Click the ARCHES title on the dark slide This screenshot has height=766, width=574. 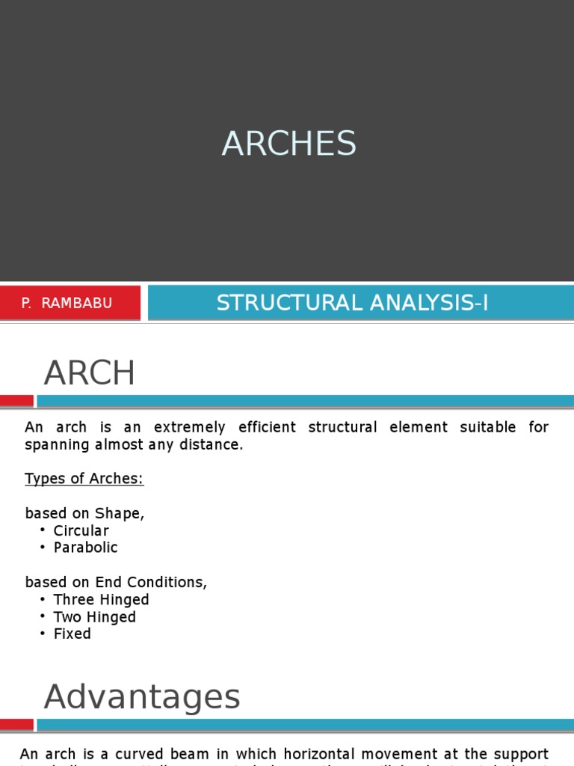point(288,143)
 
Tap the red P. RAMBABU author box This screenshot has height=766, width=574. point(70,303)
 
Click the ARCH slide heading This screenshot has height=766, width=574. point(90,373)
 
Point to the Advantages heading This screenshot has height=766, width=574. point(142,697)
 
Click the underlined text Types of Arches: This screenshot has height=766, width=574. point(84,479)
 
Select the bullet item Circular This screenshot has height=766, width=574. point(81,530)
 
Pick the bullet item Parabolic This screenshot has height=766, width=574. point(86,548)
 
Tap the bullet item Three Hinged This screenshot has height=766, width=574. point(101,600)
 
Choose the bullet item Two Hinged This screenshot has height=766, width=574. point(95,617)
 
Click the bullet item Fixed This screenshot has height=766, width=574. point(72,634)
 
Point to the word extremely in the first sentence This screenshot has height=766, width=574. point(189,428)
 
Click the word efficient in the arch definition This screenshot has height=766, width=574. point(267,428)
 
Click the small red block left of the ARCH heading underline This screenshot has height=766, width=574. point(16,401)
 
